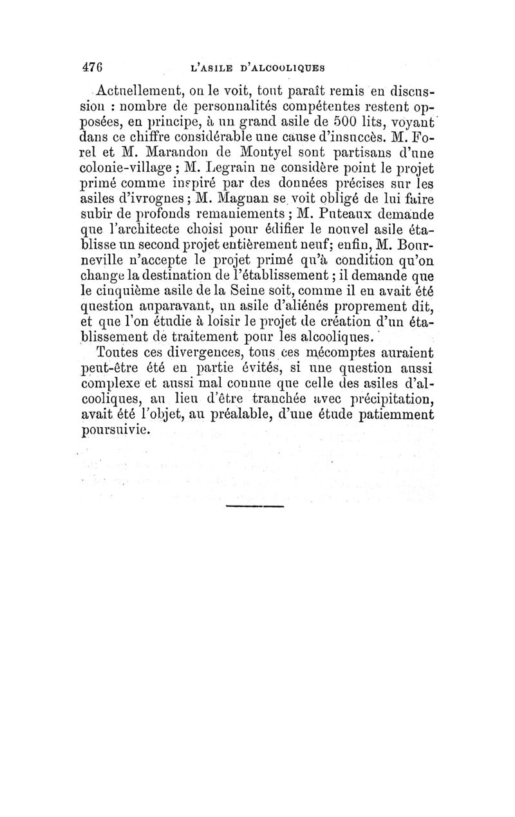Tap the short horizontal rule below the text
[x=255, y=507]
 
